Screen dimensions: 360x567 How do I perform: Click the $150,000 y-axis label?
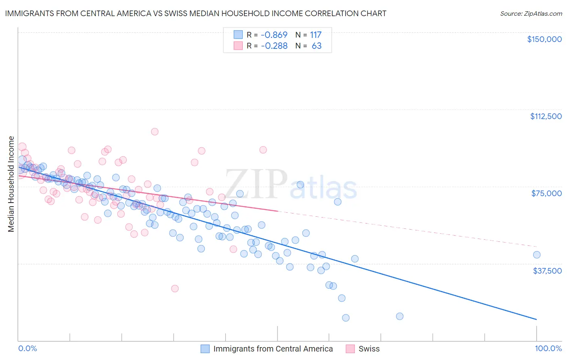544,39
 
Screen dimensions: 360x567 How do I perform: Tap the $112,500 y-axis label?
546,116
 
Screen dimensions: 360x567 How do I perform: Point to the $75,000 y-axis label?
546,193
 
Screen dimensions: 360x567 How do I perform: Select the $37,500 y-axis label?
547,271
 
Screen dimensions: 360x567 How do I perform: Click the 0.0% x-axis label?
27,348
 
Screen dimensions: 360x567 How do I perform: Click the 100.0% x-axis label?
548,348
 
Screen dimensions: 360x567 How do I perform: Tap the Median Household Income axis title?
11,184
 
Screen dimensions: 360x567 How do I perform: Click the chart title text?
196,13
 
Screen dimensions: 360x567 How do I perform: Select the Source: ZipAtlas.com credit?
531,13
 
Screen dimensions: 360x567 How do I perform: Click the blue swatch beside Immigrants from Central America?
205,349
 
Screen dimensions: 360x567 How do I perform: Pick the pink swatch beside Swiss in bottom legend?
350,349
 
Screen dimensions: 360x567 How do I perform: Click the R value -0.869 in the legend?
274,35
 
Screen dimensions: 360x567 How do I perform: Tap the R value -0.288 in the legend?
274,46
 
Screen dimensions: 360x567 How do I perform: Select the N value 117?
316,35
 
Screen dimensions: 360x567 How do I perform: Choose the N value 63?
317,46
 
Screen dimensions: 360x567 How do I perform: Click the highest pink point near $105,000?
154,132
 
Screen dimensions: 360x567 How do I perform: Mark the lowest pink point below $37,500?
175,289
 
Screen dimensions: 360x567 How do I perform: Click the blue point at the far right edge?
536,255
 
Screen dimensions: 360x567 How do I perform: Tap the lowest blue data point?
346,318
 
